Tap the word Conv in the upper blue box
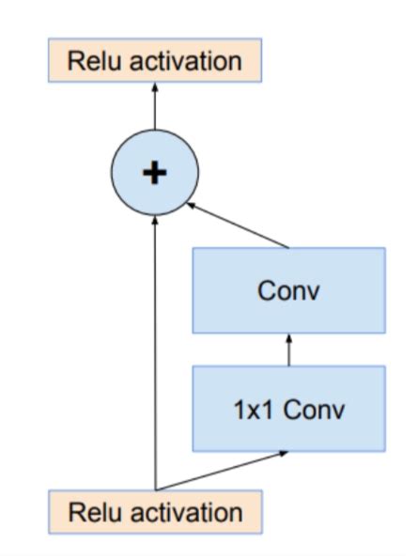(288, 290)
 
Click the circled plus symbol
(155, 173)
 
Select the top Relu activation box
(155, 62)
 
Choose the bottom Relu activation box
(155, 512)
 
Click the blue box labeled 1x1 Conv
(288, 410)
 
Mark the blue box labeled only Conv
(288, 290)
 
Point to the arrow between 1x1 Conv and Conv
(288, 350)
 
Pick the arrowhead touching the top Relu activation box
(155, 87)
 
